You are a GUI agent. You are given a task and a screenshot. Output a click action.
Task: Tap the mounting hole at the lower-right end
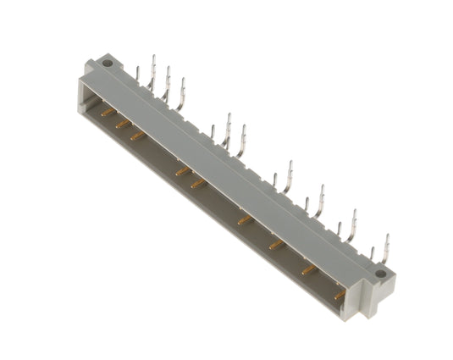coord(380,274)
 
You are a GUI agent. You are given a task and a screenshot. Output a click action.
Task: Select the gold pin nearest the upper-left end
coord(108,111)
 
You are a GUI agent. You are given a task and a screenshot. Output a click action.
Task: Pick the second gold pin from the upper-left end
coord(124,124)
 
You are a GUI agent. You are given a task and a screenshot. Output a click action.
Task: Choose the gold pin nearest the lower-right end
coord(339,296)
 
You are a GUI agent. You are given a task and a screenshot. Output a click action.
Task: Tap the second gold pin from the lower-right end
coord(309,271)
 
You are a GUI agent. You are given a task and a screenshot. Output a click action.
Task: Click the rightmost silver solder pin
coord(387,246)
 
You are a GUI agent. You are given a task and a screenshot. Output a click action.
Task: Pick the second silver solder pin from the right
coord(373,254)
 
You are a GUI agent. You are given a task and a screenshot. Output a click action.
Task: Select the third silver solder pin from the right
coord(354,223)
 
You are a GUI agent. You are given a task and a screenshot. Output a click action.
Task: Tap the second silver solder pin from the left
coord(152,66)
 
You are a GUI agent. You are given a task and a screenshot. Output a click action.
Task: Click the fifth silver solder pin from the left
coord(212,134)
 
